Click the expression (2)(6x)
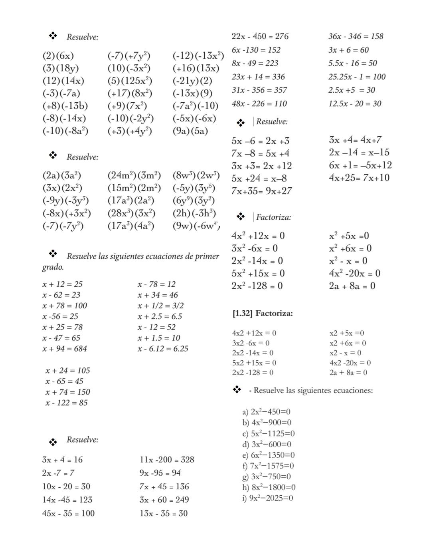click(x=58, y=56)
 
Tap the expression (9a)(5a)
click(x=190, y=131)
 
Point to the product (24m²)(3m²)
click(x=134, y=175)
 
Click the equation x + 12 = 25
click(x=62, y=284)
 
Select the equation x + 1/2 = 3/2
click(x=160, y=306)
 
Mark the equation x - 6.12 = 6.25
click(x=163, y=349)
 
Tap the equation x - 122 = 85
click(x=66, y=403)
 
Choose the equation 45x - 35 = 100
click(x=68, y=513)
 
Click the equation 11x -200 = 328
click(x=167, y=460)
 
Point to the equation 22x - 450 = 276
click(x=260, y=36)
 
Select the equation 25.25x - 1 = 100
click(x=357, y=77)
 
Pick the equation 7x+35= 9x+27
click(x=261, y=191)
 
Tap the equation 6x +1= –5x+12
click(x=360, y=165)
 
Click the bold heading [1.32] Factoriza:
click(x=263, y=314)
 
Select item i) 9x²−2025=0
click(x=267, y=498)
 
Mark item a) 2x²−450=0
click(x=266, y=412)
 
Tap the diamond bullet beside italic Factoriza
click(x=240, y=217)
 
